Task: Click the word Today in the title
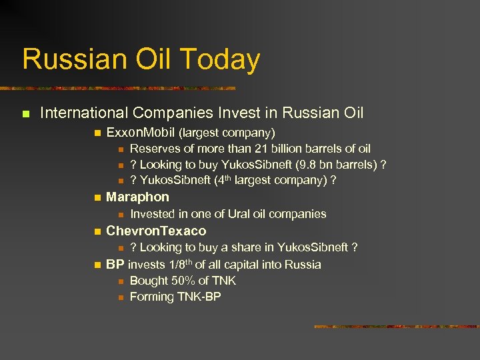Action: pyautogui.click(x=221, y=59)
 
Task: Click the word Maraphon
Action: pyautogui.click(x=137, y=197)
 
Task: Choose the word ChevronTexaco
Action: pyautogui.click(x=156, y=231)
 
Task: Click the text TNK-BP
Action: pyautogui.click(x=198, y=297)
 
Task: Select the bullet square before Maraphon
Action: pyautogui.click(x=97, y=198)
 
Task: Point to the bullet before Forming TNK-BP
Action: pyautogui.click(x=120, y=297)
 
